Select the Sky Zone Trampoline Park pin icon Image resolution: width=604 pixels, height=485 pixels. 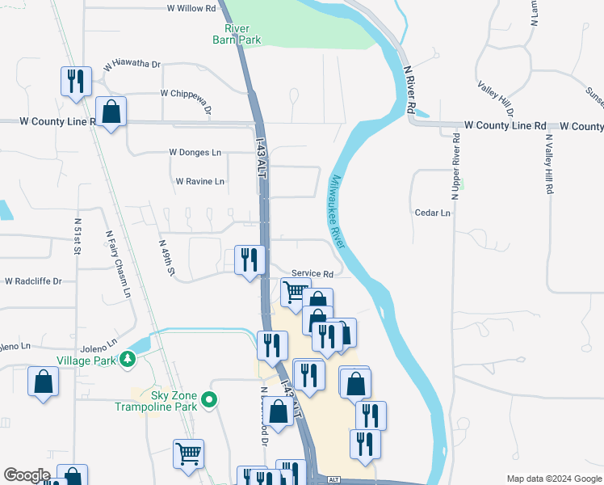(210, 399)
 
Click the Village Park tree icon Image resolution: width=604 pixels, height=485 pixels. (127, 359)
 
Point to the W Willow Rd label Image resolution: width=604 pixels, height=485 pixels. (191, 8)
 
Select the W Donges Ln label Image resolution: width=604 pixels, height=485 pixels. (195, 152)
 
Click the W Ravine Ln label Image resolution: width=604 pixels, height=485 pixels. (200, 182)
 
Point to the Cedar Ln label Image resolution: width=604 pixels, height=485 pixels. (433, 213)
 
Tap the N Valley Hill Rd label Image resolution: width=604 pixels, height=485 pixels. (549, 164)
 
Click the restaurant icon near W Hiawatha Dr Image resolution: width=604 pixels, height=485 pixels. (76, 82)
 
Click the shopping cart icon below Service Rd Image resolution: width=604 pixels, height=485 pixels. (295, 293)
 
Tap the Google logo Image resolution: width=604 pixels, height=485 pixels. (27, 475)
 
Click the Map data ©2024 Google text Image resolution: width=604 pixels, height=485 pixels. (553, 479)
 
